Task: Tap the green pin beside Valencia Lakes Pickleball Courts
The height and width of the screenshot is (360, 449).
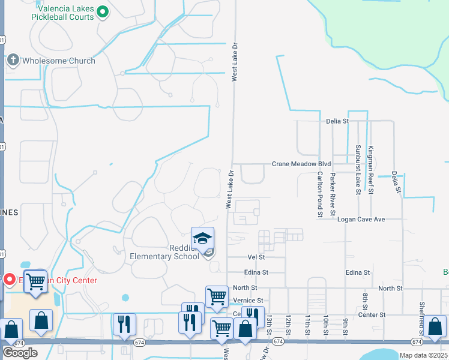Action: pyautogui.click(x=103, y=11)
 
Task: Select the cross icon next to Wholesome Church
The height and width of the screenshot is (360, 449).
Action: pyautogui.click(x=13, y=61)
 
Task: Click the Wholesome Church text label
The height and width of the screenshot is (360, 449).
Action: pyautogui.click(x=58, y=61)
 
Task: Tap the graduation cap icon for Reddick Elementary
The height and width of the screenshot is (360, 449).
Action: pyautogui.click(x=202, y=238)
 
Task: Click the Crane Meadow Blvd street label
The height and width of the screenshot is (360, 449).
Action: pyautogui.click(x=301, y=164)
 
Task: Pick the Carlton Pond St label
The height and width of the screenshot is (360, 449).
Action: pyautogui.click(x=319, y=192)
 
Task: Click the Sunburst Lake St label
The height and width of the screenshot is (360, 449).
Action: pyautogui.click(x=357, y=170)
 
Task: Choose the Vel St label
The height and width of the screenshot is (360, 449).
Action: pyautogui.click(x=256, y=257)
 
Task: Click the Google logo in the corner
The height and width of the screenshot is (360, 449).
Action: pyautogui.click(x=20, y=352)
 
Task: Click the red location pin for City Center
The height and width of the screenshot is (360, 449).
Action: pyautogui.click(x=10, y=280)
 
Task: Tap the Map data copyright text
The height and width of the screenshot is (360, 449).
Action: pyautogui.click(x=424, y=355)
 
